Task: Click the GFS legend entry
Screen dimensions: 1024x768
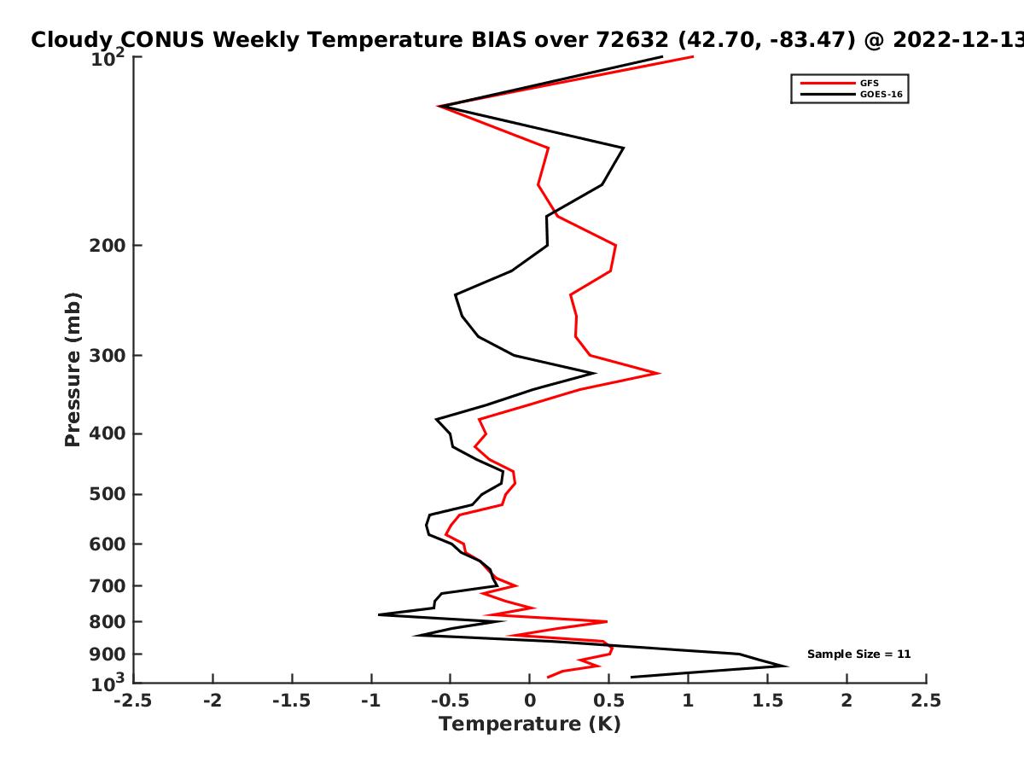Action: (839, 83)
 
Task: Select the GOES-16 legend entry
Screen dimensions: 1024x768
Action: (851, 94)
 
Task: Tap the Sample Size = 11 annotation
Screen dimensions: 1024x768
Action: (858, 654)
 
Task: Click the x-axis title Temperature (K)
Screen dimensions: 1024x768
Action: (530, 724)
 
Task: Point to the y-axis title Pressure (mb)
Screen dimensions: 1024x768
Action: (73, 369)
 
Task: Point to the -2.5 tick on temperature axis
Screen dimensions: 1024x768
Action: (133, 701)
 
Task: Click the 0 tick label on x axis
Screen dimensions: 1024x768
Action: (530, 701)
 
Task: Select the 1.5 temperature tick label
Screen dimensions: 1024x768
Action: (767, 701)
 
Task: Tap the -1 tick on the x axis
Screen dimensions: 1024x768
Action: (371, 701)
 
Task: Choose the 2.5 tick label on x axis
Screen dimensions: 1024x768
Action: (926, 701)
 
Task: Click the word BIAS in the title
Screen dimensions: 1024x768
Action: (498, 40)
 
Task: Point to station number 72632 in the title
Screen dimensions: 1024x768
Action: (632, 40)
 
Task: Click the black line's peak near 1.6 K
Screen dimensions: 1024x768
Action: (787, 666)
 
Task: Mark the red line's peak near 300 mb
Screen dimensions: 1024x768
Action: (659, 373)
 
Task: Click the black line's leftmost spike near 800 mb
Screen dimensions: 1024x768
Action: (379, 614)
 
